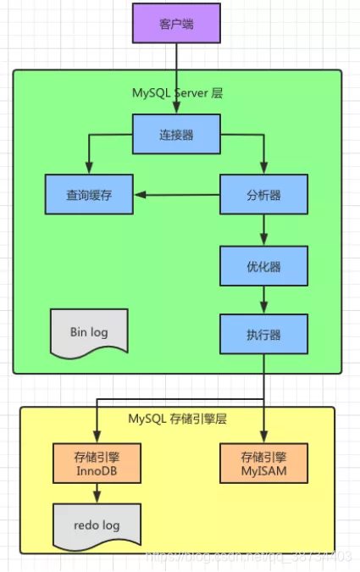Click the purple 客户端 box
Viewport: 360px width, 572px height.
click(x=175, y=24)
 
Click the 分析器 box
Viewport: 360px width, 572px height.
click(x=263, y=195)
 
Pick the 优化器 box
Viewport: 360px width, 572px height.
click(x=263, y=267)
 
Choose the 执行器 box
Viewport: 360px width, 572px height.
click(x=263, y=334)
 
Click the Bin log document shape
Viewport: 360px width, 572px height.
click(x=89, y=331)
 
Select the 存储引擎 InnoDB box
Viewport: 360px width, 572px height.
click(x=95, y=463)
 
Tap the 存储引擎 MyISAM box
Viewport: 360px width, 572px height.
click(x=264, y=463)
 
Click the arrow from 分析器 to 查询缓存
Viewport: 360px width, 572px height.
click(x=178, y=195)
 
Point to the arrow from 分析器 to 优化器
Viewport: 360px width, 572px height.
click(x=263, y=229)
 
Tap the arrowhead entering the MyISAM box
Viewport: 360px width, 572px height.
click(x=264, y=437)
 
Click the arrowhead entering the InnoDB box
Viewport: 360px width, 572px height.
click(x=97, y=437)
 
